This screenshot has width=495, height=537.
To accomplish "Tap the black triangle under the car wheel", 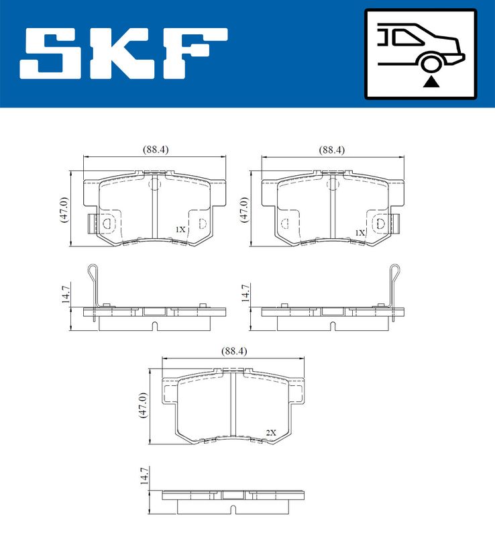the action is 431,82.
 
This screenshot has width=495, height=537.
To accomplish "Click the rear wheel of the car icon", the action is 431,64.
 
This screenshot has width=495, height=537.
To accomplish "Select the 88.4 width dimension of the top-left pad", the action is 156,150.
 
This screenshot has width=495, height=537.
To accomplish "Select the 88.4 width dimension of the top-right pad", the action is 332,150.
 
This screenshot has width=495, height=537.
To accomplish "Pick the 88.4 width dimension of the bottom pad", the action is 234,351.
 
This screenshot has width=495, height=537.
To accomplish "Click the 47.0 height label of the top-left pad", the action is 64,210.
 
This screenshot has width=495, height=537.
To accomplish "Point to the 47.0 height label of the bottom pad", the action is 142,405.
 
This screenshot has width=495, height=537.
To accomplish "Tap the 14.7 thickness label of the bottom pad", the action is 144,475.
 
